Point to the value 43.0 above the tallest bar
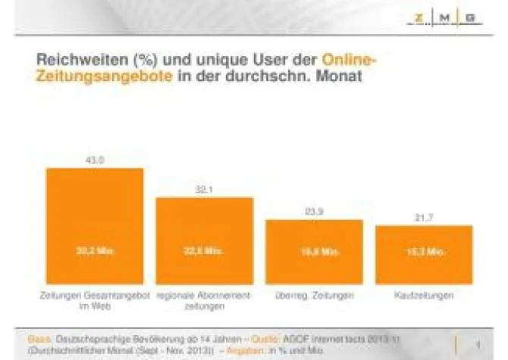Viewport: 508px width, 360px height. point(95,160)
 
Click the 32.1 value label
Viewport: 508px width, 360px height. point(204,189)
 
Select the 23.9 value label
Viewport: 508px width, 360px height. point(314,212)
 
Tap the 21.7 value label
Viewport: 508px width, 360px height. point(424,218)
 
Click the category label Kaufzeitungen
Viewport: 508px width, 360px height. point(424,295)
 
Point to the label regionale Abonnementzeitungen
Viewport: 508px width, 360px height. point(204,300)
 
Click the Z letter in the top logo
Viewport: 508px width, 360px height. point(419,17)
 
